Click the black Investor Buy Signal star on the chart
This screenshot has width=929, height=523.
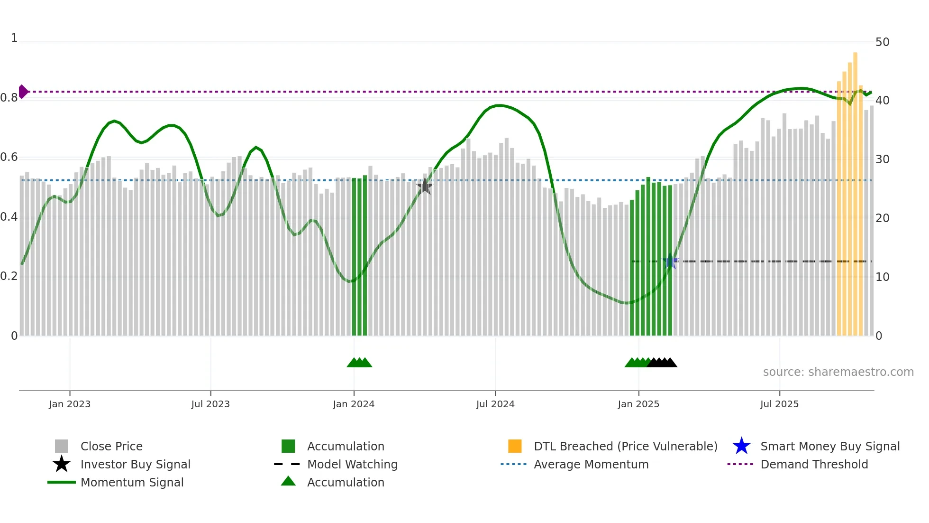tap(425, 187)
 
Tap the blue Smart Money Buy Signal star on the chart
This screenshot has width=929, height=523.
tap(670, 261)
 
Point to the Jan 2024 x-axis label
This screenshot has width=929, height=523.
tap(354, 404)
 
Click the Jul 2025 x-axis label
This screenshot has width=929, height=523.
tap(779, 404)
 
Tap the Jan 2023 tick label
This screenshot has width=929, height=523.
tap(70, 404)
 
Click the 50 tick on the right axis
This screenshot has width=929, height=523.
tap(882, 42)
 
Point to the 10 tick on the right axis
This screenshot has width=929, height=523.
tap(882, 277)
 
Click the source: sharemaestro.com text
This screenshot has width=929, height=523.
tap(838, 372)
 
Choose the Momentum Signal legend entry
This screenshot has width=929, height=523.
tap(132, 482)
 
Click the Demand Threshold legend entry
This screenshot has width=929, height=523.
tap(814, 464)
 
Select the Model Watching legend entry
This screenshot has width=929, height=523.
tap(352, 464)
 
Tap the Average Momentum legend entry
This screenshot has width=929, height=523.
tap(591, 464)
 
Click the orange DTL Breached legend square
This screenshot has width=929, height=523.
tap(515, 446)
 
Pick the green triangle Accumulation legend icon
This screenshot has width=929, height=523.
tap(288, 481)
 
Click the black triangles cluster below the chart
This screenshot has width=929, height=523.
tap(662, 363)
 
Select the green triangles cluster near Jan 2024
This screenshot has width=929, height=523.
tap(359, 363)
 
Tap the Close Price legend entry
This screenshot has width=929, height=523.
tap(111, 446)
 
